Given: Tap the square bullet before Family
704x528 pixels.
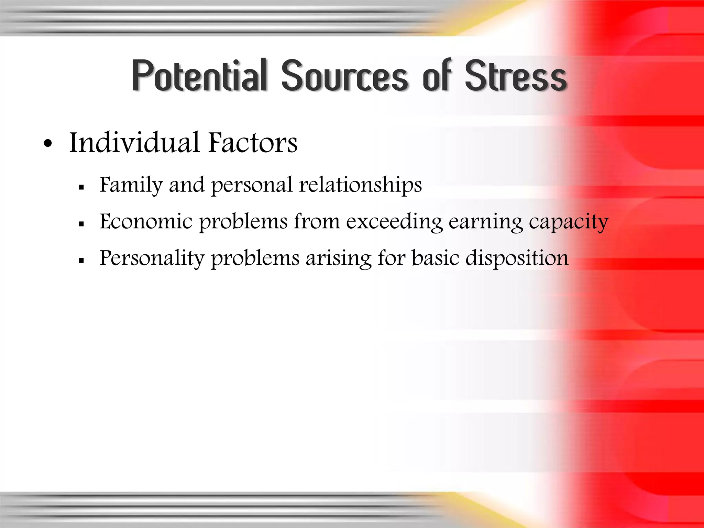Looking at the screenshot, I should pos(81,187).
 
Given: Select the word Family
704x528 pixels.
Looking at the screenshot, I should pos(131,186).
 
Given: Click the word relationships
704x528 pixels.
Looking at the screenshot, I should pos(361,186).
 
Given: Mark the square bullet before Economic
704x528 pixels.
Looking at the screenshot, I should pos(81,224).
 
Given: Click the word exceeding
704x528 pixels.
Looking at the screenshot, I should pos(394,222).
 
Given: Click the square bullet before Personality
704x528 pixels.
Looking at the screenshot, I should pos(81,261).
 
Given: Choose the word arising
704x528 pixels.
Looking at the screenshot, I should pos(339,258).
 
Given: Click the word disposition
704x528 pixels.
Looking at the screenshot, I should pos(517,258).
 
